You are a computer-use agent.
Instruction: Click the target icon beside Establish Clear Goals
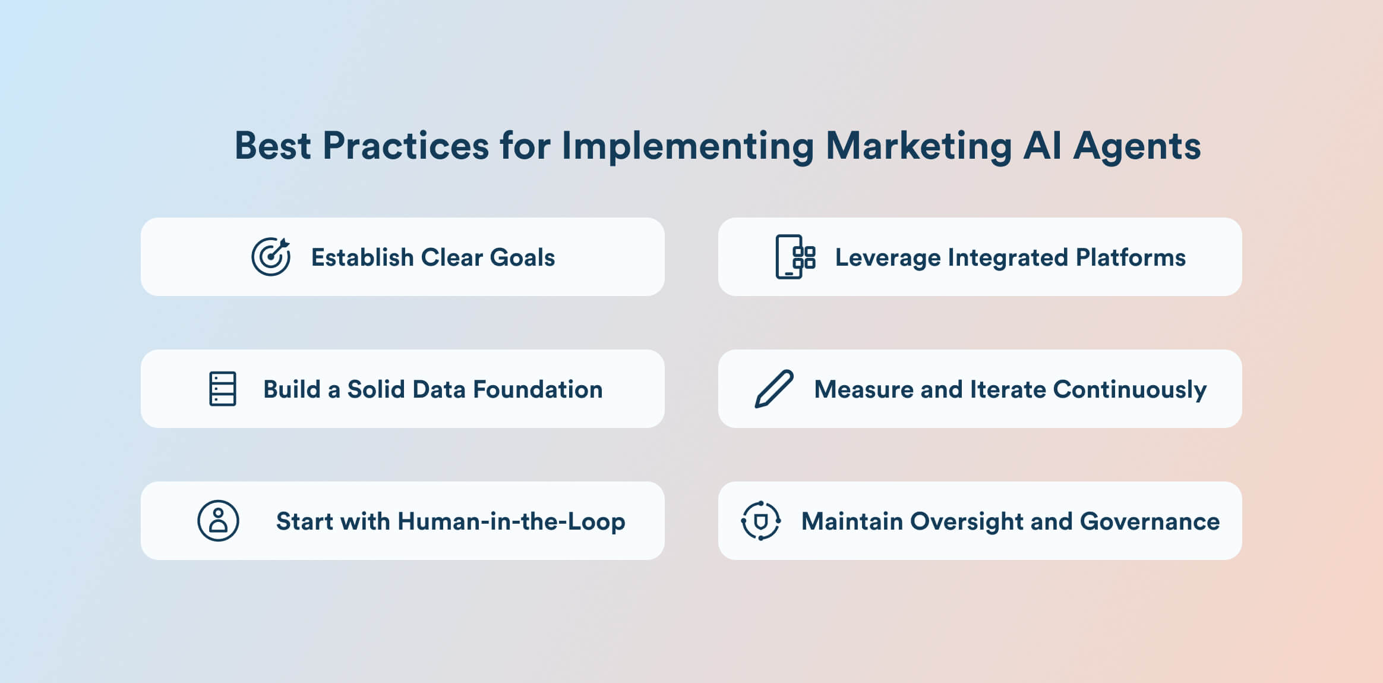pos(271,257)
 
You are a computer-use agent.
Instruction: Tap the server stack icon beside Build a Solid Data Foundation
pos(223,389)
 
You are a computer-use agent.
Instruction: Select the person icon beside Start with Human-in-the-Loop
pos(218,521)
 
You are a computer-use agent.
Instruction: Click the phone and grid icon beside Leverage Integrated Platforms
pos(795,257)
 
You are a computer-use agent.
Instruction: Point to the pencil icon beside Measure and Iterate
pos(774,389)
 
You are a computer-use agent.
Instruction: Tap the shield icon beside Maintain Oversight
pos(761,521)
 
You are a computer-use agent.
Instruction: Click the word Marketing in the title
pos(918,146)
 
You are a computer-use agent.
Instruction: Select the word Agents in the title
pos(1137,146)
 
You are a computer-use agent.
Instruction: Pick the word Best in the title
pos(273,146)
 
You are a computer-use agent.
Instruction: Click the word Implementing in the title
pos(688,146)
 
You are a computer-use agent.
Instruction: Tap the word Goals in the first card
pos(522,257)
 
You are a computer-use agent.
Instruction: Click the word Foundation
pos(538,389)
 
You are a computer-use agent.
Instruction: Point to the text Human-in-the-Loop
pos(511,521)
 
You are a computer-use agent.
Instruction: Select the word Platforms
pos(1131,257)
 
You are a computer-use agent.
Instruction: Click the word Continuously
pos(1129,390)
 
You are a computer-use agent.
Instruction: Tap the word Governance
pos(1150,521)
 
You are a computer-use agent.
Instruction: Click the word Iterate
pos(1008,389)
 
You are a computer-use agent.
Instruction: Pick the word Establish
pos(362,257)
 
